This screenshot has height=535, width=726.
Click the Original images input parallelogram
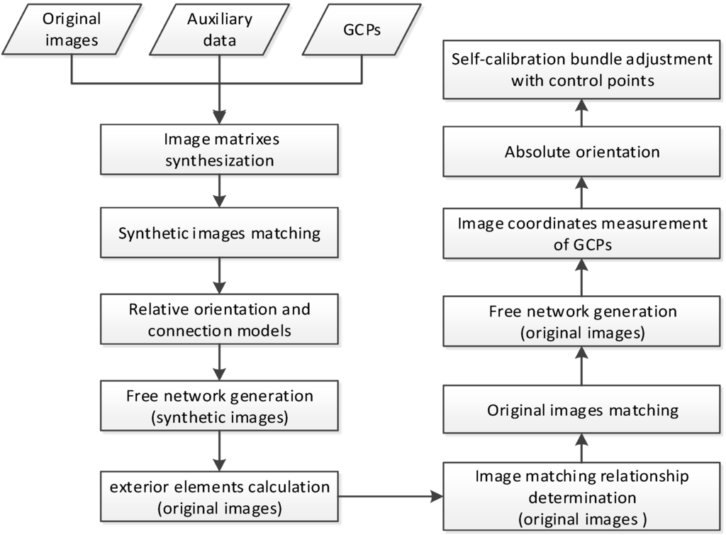(72, 29)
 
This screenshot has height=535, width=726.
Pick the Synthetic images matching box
(220, 232)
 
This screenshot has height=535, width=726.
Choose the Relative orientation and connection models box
(220, 320)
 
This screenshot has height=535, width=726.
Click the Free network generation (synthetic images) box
(220, 406)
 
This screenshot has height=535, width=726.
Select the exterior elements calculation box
(220, 497)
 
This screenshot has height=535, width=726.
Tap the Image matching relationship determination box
(582, 497)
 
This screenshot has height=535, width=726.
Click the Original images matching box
(582, 409)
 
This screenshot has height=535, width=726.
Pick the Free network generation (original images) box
(582, 322)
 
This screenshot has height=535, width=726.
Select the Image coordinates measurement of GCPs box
(582, 233)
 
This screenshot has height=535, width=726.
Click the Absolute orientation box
(582, 152)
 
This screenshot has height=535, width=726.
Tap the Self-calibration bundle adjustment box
(582, 70)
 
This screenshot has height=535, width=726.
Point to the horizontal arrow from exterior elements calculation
(391, 497)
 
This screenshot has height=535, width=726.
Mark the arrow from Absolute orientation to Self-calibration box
(582, 114)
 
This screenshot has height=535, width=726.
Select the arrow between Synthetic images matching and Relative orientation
(220, 273)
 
